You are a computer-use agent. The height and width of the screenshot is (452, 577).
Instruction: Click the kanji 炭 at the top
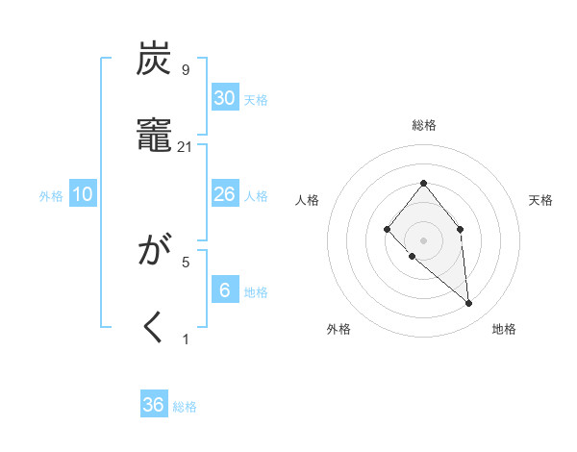(154, 61)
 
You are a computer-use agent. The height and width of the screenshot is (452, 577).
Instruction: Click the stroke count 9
(185, 70)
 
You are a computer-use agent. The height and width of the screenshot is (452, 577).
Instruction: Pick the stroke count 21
(186, 146)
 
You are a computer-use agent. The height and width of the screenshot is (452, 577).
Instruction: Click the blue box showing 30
(224, 98)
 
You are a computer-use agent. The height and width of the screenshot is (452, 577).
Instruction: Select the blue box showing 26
(224, 194)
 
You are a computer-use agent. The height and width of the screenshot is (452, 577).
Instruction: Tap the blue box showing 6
(224, 290)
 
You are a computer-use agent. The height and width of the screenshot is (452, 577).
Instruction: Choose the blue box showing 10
(83, 194)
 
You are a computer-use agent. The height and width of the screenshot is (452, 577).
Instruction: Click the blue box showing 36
(153, 405)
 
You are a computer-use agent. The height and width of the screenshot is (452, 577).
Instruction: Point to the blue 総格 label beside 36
(185, 407)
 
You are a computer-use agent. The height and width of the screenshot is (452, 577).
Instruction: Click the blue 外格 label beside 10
(51, 196)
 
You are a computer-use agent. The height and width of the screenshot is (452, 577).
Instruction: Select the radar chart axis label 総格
(423, 125)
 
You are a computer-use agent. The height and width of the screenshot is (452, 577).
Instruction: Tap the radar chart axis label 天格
(540, 200)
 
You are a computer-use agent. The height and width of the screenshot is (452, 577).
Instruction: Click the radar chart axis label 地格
(504, 329)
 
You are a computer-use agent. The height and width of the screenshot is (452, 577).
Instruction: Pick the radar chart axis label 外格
(339, 329)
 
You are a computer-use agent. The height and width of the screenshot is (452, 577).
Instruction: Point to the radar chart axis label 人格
(308, 200)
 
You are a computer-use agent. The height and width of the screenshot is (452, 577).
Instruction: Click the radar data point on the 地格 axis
(469, 304)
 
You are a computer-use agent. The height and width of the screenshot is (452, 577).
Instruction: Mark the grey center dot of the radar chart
(423, 239)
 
